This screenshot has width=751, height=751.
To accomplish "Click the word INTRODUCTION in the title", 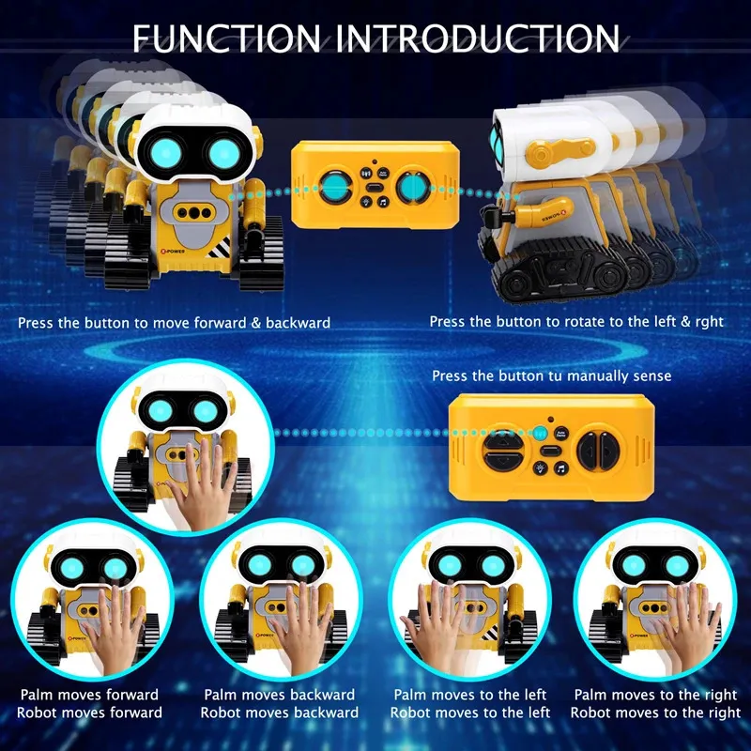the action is (477, 38).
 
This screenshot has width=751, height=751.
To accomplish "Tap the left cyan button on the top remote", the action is (334, 187).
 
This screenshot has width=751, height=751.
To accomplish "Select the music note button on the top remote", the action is (383, 202).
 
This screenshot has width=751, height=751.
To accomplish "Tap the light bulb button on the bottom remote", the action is (541, 467).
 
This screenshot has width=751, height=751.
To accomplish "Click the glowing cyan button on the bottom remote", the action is (541, 433).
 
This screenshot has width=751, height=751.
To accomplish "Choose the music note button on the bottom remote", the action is (561, 467).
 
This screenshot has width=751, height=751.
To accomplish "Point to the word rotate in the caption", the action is (580, 321).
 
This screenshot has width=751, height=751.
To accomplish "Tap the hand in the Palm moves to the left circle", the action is (434, 622).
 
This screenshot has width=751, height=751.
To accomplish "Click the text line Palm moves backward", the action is (279, 695).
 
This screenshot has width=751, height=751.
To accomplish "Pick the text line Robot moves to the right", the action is (655, 713).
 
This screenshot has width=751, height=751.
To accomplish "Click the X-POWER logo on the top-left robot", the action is (173, 251).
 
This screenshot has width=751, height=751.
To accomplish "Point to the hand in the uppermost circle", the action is (202, 484).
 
